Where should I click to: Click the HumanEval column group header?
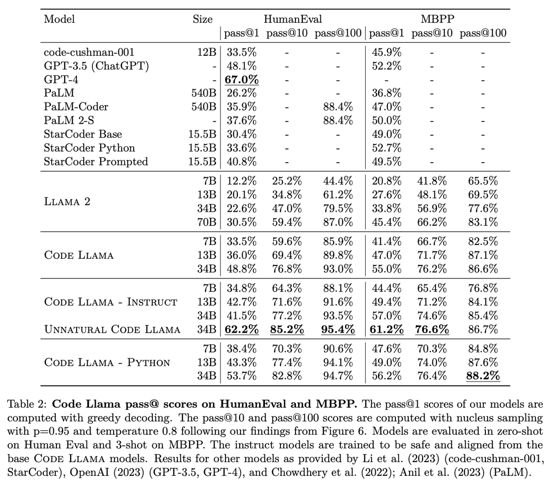tap(293, 19)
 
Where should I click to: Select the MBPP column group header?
tap(437, 19)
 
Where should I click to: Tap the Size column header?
tap(202, 19)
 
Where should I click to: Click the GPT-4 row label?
tap(61, 80)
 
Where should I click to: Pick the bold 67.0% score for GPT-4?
tap(242, 80)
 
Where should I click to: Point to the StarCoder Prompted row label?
tap(96, 162)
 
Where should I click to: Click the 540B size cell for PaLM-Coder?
tap(204, 107)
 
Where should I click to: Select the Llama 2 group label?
tap(67, 202)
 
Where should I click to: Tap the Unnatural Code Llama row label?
tap(112, 330)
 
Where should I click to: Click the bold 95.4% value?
tap(338, 330)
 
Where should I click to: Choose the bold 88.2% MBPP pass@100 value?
tap(483, 376)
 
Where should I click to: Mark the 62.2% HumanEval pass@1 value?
tap(242, 330)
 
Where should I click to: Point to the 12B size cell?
tap(207, 52)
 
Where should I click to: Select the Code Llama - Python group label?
tap(107, 362)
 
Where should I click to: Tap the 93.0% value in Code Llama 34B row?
tap(338, 269)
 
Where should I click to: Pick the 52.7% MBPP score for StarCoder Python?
tap(387, 148)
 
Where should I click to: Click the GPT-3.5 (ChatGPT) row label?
tap(97, 66)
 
